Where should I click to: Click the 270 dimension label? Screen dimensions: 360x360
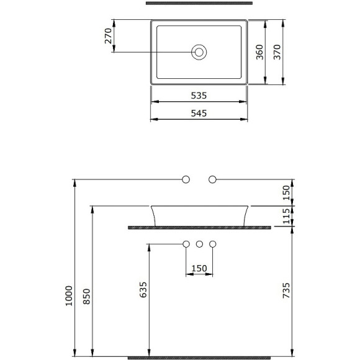point(108,36)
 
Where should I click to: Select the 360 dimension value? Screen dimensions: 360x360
point(259,52)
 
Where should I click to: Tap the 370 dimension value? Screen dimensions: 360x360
point(277,52)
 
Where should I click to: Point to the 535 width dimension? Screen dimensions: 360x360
point(199,96)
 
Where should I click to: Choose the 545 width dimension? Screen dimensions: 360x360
point(199,113)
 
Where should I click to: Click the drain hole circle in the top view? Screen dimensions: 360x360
point(199,52)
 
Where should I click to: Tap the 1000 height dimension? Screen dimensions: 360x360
point(69,295)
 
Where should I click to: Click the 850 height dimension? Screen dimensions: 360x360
point(87,297)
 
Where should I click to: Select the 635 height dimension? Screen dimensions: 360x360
point(143,290)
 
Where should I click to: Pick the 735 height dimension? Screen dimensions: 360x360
point(286,290)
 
